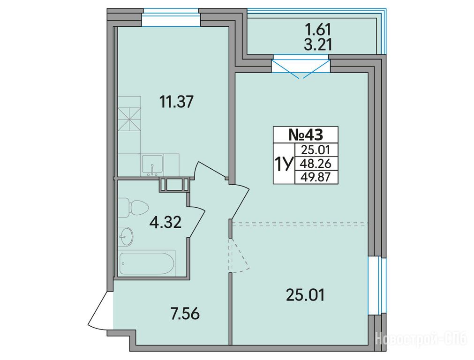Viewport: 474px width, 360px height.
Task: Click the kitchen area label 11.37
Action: pos(176,102)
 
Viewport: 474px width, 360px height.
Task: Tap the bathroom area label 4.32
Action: pos(166,223)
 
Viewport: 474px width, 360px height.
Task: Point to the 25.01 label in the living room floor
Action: pos(305,295)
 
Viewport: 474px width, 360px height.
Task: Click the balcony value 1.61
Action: pos(318,30)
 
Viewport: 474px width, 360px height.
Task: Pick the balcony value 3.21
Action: pos(318,45)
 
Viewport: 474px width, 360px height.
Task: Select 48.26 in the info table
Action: pos(316,164)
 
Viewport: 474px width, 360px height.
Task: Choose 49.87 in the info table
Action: pos(316,178)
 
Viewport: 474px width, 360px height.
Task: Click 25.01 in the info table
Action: pos(316,150)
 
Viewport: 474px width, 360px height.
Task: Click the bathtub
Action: pos(146,263)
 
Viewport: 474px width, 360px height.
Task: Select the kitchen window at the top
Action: pos(171,18)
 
